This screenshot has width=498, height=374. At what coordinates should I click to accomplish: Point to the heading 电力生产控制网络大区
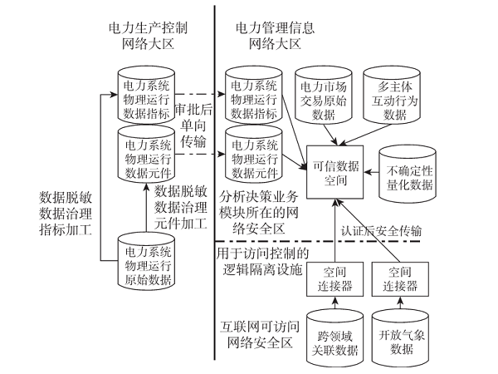148,35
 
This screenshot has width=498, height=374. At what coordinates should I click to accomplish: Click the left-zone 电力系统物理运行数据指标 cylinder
148,96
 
